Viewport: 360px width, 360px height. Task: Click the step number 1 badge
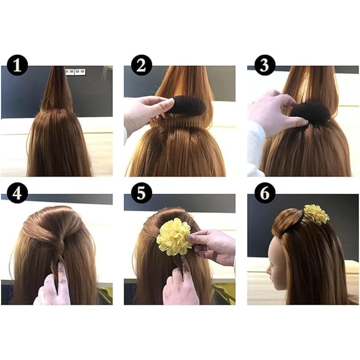[17, 66]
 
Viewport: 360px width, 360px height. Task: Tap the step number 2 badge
[141, 66]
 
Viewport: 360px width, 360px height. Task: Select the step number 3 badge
[265, 66]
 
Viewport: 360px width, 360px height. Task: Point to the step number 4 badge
[17, 193]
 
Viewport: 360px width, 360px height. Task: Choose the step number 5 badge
[141, 193]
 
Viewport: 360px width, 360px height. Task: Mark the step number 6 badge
[265, 193]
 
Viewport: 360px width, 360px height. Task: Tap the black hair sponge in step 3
[311, 112]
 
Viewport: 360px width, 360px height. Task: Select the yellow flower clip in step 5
[174, 237]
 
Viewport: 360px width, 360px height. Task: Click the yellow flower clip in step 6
[316, 214]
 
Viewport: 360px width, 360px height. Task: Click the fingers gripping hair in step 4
[56, 285]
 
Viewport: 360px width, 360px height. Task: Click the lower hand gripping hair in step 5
[180, 288]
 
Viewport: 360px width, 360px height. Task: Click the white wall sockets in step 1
[75, 72]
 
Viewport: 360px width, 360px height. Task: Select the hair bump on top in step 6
[288, 219]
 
